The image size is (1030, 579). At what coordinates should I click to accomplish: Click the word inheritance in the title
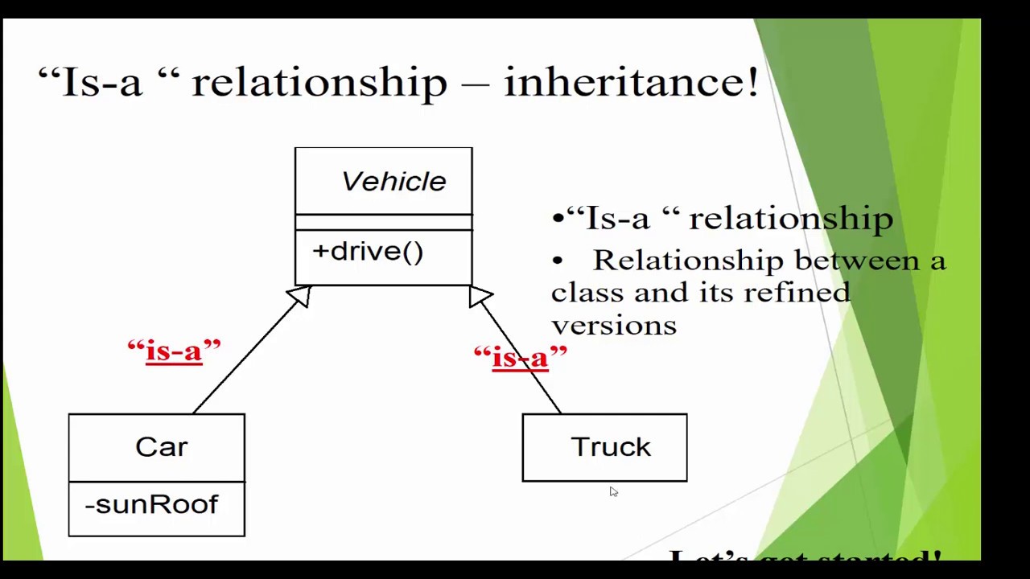pos(630,82)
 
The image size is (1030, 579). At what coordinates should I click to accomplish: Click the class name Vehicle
pos(393,182)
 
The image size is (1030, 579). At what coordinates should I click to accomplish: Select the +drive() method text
pos(368,252)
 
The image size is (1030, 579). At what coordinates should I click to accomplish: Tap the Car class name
pos(161,447)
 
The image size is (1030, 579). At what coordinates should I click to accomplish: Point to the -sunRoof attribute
pos(151,505)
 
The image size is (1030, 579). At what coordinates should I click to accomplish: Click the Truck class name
pos(611,447)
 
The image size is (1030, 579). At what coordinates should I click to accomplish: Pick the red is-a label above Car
pos(174,351)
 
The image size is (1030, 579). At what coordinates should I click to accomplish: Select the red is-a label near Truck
pos(520,357)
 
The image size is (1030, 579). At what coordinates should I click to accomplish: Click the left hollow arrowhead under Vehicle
pos(299,296)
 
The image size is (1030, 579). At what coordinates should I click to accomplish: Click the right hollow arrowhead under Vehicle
pos(480,296)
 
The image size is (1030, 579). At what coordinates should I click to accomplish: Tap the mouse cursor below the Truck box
pos(613,491)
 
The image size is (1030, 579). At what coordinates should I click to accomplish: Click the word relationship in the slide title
pos(319,82)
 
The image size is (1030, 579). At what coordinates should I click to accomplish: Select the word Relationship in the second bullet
pos(688,261)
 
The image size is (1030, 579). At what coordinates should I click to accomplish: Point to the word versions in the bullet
pos(614,325)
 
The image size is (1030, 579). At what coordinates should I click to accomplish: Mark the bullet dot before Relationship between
pos(557,261)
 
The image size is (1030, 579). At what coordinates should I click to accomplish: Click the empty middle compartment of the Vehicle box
pos(383,222)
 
